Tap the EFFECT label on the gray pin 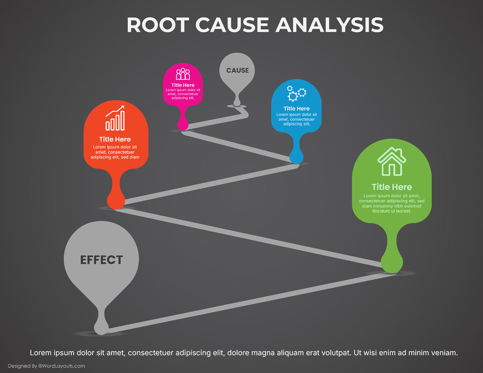tap(101, 260)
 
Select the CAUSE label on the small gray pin tap(237, 70)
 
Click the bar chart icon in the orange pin tap(115, 119)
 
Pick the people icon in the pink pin tap(183, 74)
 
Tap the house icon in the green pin tap(392, 162)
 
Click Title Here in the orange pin tap(115, 140)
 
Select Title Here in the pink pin tap(183, 85)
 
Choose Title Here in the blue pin tap(296, 109)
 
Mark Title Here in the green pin tap(392, 187)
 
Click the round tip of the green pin tap(392, 264)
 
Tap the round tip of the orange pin tap(116, 201)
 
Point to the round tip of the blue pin tap(296, 157)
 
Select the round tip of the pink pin tap(183, 125)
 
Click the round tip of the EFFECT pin tap(101, 326)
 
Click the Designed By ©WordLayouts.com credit tap(46, 366)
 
